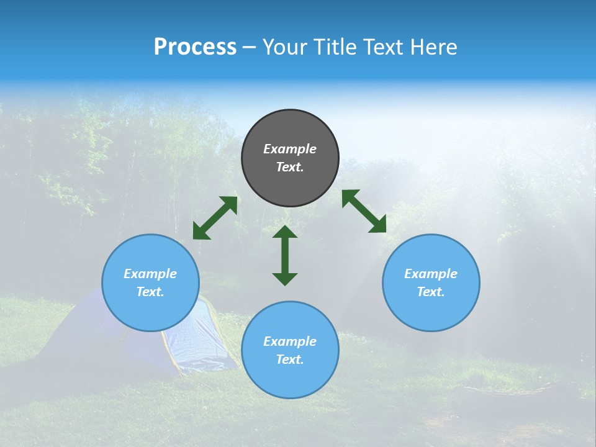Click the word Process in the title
[x=195, y=47]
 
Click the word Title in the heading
[x=334, y=47]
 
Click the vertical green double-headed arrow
[x=285, y=255]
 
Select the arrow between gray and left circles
[x=215, y=218]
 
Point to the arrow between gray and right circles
[x=364, y=211]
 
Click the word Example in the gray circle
[x=290, y=149]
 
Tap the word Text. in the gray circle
[x=290, y=167]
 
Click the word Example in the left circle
[x=150, y=274]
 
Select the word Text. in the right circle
[x=431, y=292]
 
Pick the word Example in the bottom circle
[x=290, y=341]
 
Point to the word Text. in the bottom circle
[x=290, y=359]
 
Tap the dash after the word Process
[x=249, y=48]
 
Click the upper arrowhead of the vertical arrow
[x=285, y=232]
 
